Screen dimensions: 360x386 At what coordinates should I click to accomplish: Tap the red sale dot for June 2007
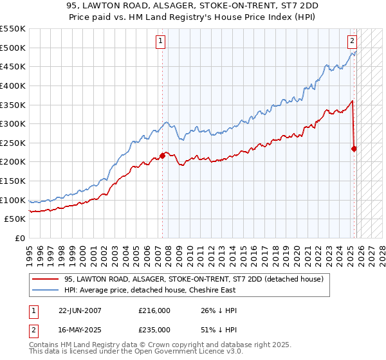[162, 155]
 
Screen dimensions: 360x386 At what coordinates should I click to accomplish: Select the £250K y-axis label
[14, 143]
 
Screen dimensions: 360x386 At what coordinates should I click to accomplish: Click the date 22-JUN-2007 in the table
[79, 310]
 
